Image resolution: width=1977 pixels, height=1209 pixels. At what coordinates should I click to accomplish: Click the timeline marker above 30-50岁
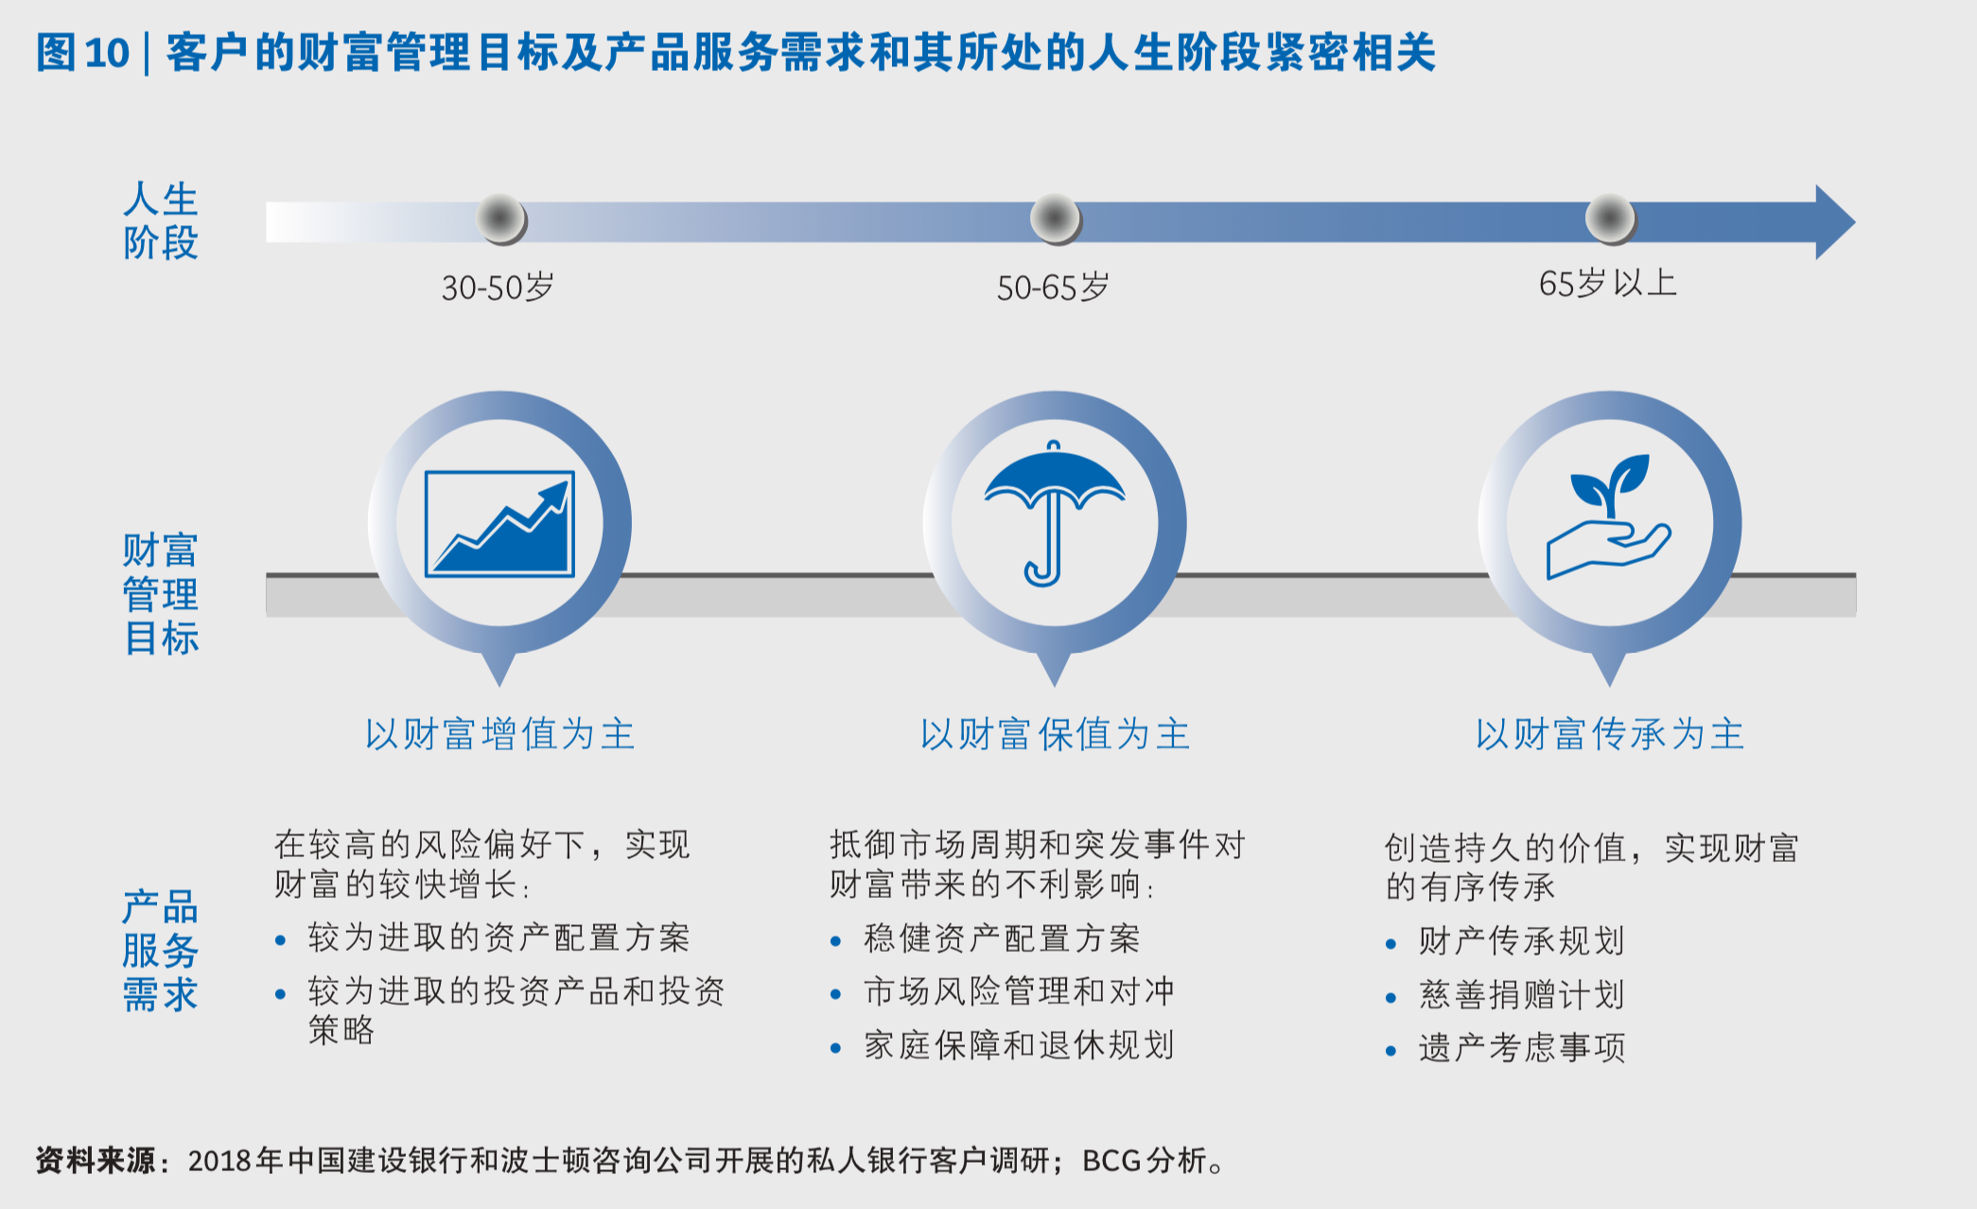tap(500, 219)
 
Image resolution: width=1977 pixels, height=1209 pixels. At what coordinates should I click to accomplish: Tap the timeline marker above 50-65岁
tap(1055, 219)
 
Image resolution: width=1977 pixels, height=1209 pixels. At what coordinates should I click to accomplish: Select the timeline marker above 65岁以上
tap(1609, 219)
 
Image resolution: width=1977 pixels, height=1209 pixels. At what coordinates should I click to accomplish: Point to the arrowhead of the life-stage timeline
tap(1833, 222)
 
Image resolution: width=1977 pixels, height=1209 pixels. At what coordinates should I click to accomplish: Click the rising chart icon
tap(499, 523)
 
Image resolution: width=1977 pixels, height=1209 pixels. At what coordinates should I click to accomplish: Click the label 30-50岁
tap(498, 288)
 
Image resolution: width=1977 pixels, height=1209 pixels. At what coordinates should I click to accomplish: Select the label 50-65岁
tap(1053, 288)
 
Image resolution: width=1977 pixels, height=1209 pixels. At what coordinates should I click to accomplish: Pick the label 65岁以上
tap(1607, 283)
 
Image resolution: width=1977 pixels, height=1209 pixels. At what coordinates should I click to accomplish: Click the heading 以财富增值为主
tap(499, 734)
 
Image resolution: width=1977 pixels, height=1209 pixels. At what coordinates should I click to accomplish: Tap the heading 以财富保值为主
tap(1055, 734)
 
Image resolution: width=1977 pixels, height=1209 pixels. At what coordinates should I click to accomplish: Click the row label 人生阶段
tap(161, 221)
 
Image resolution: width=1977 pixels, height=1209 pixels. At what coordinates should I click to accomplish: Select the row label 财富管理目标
tap(161, 594)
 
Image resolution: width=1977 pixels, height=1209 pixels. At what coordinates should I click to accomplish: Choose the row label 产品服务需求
tap(161, 951)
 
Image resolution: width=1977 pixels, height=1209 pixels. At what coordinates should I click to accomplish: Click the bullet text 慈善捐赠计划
tap(1521, 995)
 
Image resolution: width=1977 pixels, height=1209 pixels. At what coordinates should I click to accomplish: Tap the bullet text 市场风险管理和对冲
tap(1019, 991)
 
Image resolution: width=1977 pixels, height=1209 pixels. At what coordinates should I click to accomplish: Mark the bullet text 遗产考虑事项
tap(1521, 1048)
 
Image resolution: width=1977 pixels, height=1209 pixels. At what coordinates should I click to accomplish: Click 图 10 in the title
tap(82, 53)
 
